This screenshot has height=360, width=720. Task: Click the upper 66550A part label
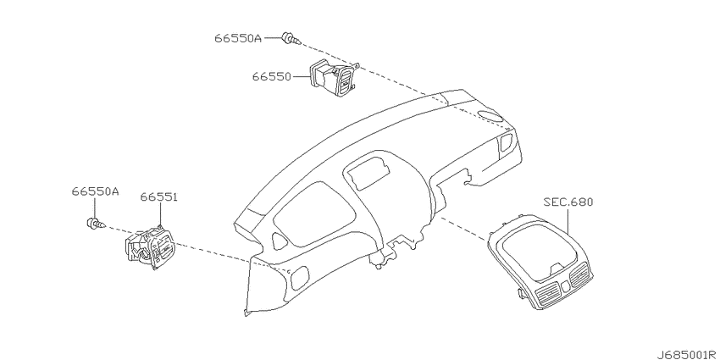pos(237,38)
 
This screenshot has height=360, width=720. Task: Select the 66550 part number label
pos(271,77)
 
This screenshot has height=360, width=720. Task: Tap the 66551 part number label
pos(159,197)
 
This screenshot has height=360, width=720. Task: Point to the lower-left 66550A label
pos(95,191)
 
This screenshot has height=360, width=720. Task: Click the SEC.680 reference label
pos(568,202)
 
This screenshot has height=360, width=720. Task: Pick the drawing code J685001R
pos(687,355)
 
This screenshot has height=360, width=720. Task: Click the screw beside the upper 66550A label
pos(291,39)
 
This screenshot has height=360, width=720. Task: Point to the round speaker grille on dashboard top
pos(490,115)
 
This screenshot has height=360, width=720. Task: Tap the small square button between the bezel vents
pos(565,285)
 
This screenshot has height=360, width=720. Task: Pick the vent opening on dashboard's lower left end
pos(301,278)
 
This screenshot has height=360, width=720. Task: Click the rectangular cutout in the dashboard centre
pos(368,172)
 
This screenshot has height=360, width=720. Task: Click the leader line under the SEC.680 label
pos(568,222)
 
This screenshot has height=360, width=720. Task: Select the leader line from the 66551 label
pos(161,215)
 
